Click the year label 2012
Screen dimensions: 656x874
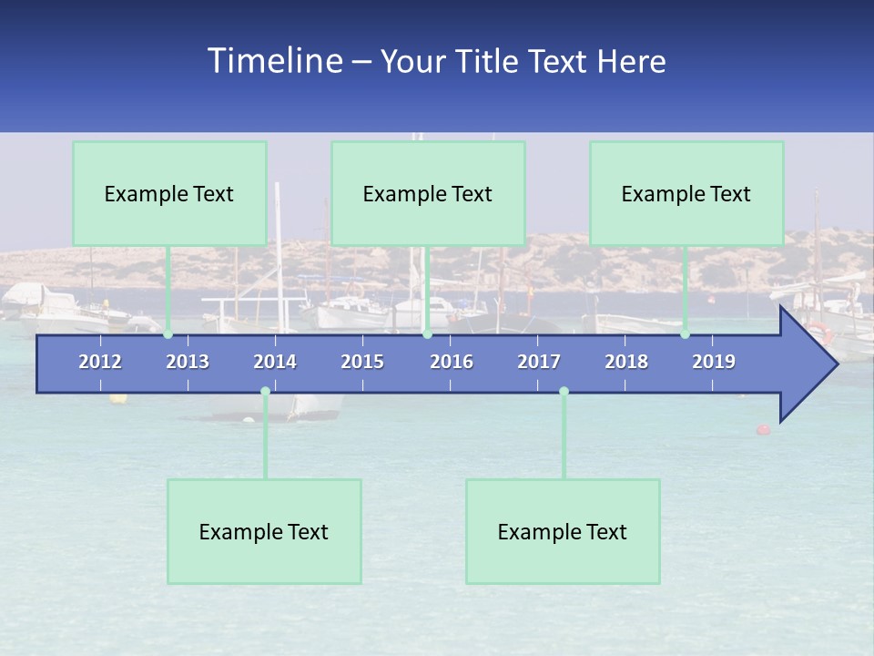coord(100,362)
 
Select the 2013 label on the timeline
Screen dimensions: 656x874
coord(188,362)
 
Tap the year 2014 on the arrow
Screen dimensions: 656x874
coord(275,362)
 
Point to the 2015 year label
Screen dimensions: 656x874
coord(362,362)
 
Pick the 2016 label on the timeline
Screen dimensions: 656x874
coord(452,362)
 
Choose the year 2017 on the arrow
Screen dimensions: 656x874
coord(539,362)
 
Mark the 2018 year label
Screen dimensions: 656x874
coord(626,362)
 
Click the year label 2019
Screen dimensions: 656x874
coord(714,362)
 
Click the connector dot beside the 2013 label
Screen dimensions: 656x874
coord(168,334)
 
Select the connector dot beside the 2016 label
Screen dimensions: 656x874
coord(427,334)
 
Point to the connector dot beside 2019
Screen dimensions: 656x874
coord(685,334)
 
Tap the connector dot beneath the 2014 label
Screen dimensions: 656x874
coord(265,392)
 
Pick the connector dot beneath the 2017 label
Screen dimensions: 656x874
coord(564,392)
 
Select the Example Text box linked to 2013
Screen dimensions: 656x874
coord(169,193)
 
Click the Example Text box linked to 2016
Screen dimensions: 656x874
coord(428,193)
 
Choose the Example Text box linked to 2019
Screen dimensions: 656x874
coord(686,193)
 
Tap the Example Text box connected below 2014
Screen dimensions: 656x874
coord(264,531)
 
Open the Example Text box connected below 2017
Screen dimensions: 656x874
coord(563,531)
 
